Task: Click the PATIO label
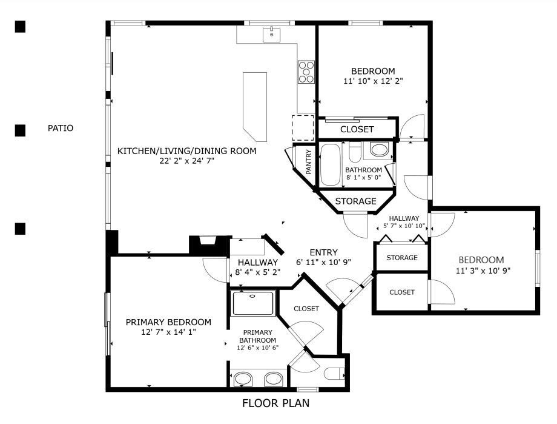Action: pos(61,128)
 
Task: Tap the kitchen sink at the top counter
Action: pos(271,35)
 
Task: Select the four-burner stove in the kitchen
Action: pos(306,72)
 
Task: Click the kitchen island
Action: pos(255,106)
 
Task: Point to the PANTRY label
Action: pos(308,162)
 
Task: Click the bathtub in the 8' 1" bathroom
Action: pos(331,164)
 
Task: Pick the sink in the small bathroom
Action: pos(379,149)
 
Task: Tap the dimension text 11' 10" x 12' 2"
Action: pos(373,81)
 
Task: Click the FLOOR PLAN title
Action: pos(275,403)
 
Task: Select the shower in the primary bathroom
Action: pos(253,303)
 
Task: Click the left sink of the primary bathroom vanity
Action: pos(243,379)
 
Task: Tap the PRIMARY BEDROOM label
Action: pos(168,322)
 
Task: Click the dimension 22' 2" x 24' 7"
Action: pos(187,161)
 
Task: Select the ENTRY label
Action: pos(324,252)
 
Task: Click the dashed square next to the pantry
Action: pos(303,128)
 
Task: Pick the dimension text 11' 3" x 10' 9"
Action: pos(483,271)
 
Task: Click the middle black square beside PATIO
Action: pos(20,130)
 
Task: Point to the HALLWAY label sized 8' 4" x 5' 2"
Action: pos(258,263)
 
